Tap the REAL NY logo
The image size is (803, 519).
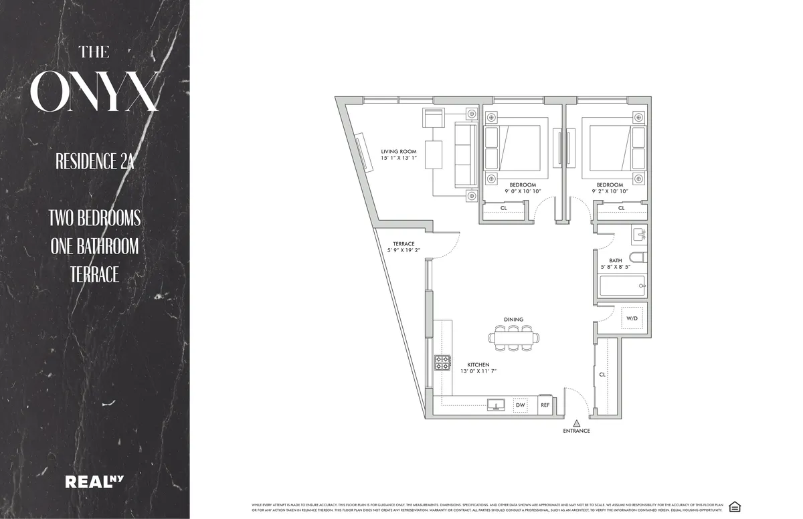[x=94, y=481]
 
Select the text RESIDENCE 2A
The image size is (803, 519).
[x=94, y=162]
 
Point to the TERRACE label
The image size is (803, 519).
[x=404, y=243]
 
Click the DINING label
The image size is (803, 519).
[x=513, y=320]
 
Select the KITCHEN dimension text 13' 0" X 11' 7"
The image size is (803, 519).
[x=478, y=371]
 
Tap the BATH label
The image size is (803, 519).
[x=615, y=260]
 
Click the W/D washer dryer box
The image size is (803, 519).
[x=632, y=318]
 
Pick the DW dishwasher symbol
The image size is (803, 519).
[x=520, y=405]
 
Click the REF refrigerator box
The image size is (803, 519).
[x=545, y=405]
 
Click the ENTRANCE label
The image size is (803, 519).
[x=576, y=431]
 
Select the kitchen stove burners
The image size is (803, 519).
[x=442, y=362]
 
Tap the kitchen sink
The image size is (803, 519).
[x=497, y=405]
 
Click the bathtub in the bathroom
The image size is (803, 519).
[x=622, y=286]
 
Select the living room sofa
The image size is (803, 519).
[x=464, y=155]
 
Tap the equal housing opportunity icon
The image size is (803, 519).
[x=735, y=506]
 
